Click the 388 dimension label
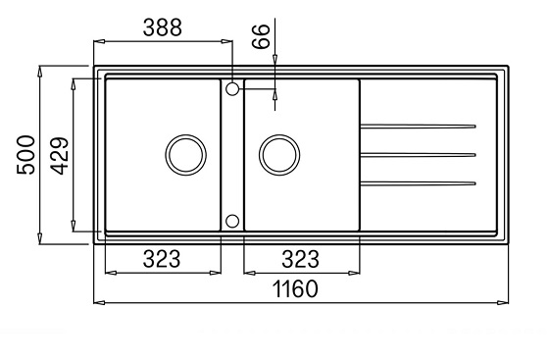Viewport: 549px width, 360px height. [x=163, y=27]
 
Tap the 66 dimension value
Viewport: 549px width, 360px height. [x=262, y=36]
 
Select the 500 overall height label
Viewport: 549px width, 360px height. [x=25, y=155]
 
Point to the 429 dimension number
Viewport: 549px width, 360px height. [x=59, y=156]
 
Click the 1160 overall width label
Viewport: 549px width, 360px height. [x=295, y=289]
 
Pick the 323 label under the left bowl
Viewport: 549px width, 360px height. [x=162, y=259]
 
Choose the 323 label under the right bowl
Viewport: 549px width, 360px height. [x=301, y=260]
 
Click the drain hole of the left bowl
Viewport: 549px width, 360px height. [x=186, y=155]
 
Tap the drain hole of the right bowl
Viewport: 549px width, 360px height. [x=279, y=155]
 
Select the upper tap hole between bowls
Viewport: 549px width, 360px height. [x=232, y=89]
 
